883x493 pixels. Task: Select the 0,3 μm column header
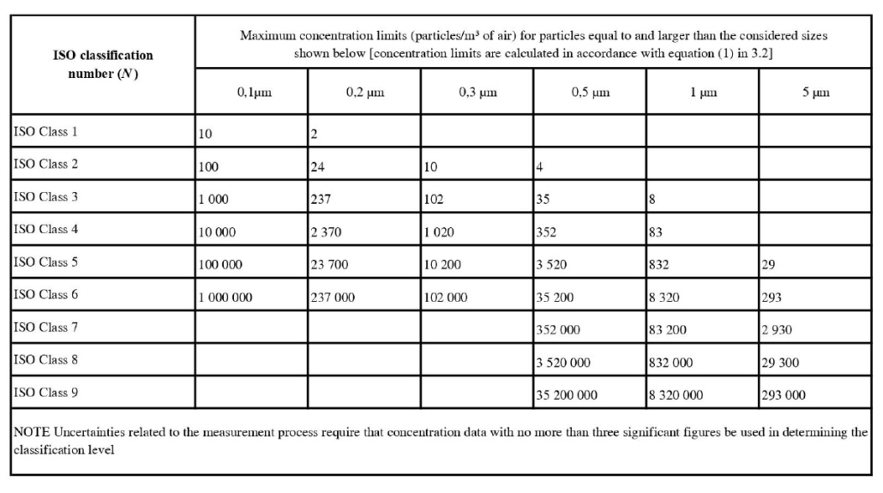[x=478, y=93]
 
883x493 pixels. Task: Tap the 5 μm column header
[x=815, y=93]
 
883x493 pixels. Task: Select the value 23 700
[x=329, y=264]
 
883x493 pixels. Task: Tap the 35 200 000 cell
[x=568, y=395]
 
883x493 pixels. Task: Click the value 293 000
[x=784, y=395]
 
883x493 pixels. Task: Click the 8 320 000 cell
[x=676, y=395]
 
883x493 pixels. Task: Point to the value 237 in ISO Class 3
[x=320, y=198]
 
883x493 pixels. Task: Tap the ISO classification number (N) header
[x=102, y=63]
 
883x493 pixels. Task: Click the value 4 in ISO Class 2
[x=540, y=166]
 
